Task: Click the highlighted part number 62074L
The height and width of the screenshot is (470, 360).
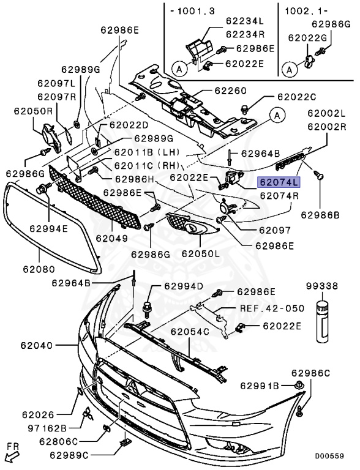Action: coord(279,182)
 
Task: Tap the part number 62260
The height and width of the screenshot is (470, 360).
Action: coord(230,90)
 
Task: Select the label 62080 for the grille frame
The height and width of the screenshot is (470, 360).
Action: coord(39,269)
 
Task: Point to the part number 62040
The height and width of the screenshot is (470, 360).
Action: coord(37,345)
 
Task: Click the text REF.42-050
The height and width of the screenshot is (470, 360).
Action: coord(272,308)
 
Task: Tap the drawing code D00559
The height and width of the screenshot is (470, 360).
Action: coord(329,456)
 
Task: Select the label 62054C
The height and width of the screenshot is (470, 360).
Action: coord(190,332)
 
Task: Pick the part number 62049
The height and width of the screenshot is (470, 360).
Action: coord(112,238)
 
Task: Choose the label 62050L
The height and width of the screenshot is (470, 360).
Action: coord(200,253)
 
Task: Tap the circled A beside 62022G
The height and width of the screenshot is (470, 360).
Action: coord(290,70)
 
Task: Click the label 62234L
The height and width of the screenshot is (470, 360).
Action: coord(244,21)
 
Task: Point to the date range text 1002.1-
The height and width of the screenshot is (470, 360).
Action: coord(306,11)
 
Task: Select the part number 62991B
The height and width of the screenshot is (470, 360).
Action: coord(260,386)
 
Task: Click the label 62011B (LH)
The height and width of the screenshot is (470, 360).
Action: coord(147,152)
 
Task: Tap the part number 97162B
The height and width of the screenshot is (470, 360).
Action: coord(47,428)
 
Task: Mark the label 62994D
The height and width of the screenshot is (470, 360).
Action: coord(183,286)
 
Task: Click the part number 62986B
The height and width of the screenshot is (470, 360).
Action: coord(320,215)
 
